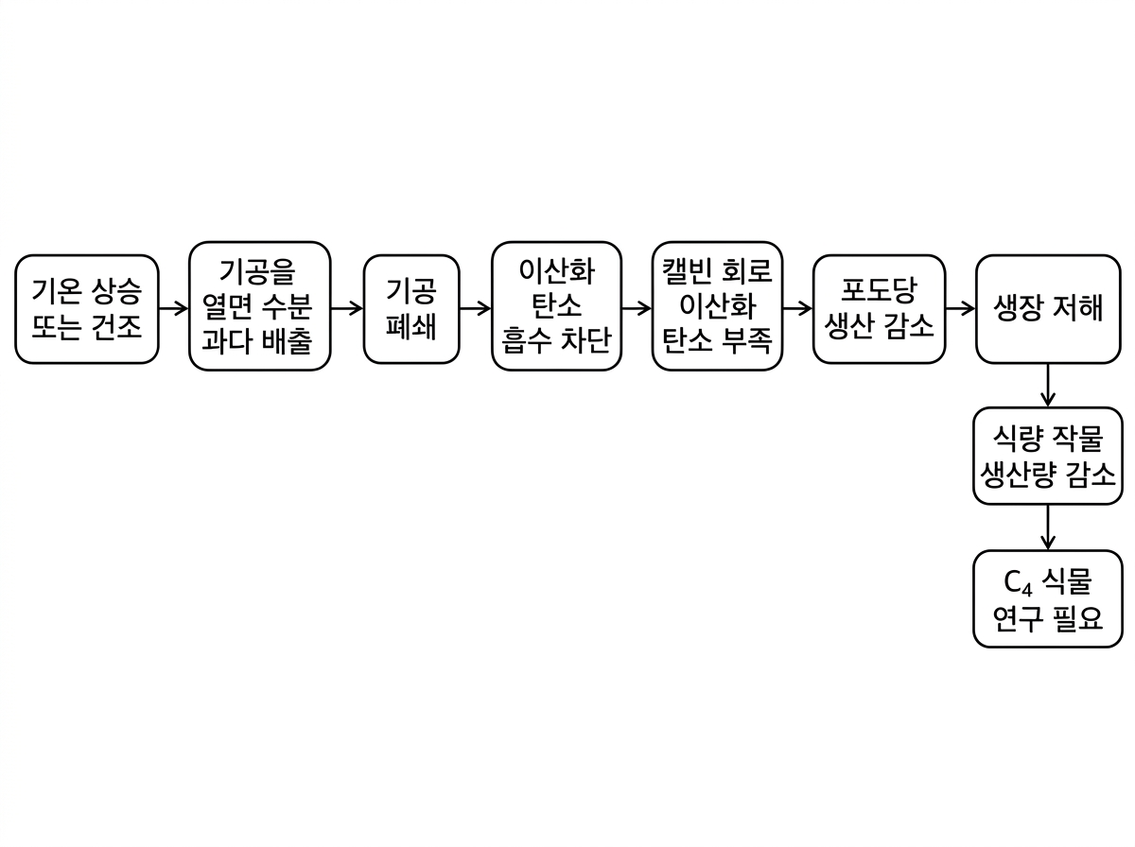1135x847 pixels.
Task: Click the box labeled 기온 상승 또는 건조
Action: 87,308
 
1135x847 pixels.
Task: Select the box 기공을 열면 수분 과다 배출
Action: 260,306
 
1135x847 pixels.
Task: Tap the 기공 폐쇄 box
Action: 411,308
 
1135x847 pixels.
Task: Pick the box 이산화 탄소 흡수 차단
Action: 557,306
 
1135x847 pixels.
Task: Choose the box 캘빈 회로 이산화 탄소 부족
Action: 718,306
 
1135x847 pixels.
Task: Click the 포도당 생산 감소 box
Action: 879,308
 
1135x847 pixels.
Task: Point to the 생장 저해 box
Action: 1048,308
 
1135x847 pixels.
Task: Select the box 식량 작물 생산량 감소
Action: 1048,456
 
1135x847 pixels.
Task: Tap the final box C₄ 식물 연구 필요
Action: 1048,599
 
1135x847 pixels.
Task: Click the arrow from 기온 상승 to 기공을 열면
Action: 173,308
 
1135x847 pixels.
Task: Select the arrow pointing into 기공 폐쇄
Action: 347,308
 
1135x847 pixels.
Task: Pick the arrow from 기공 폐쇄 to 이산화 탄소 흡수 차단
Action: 475,308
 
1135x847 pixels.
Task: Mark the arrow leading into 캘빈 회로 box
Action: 637,308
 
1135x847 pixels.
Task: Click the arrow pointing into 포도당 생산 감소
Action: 798,308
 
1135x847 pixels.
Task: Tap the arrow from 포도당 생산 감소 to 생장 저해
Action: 960,308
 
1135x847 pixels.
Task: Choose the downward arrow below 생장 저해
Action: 1048,385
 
